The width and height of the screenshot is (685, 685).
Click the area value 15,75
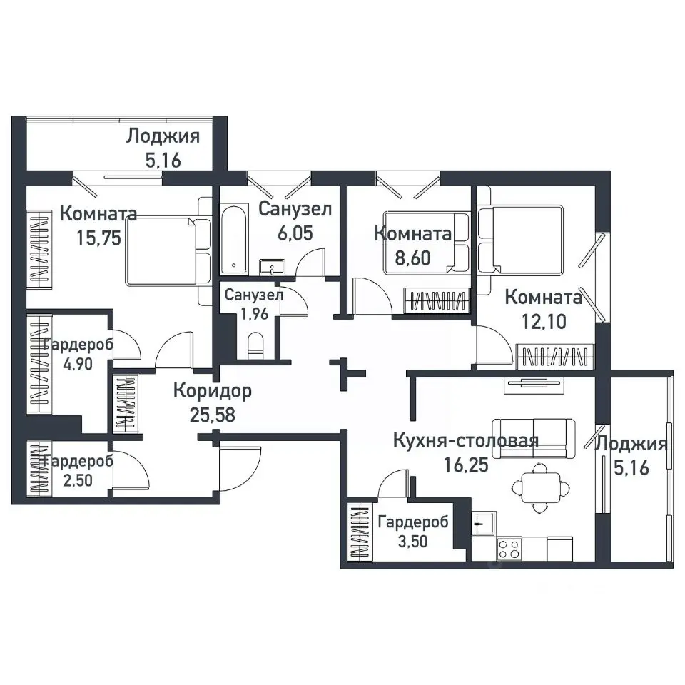click(98, 238)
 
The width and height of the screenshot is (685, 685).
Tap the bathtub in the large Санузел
click(234, 239)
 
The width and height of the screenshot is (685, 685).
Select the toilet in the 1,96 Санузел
click(255, 345)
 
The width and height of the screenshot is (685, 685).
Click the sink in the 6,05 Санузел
click(272, 267)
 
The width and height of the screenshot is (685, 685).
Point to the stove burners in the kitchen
click(509, 549)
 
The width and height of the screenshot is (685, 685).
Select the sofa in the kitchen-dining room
click(534, 439)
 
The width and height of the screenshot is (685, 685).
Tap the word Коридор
click(213, 391)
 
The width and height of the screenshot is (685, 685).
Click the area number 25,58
click(213, 415)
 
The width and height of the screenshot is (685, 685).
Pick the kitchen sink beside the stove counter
click(484, 523)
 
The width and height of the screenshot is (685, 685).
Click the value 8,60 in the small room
click(413, 258)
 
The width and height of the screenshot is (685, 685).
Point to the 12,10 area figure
click(544, 322)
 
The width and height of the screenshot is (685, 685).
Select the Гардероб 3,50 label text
click(413, 531)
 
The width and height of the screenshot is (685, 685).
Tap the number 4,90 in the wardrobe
click(78, 363)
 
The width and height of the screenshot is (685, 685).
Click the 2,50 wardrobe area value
click(78, 480)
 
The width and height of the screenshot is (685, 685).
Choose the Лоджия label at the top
click(163, 136)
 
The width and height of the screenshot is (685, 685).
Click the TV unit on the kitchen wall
click(534, 384)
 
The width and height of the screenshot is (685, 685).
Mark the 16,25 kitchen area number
click(466, 465)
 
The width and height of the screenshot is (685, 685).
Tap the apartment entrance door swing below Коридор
click(240, 465)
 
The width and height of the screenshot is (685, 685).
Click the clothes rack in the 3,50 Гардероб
click(360, 532)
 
